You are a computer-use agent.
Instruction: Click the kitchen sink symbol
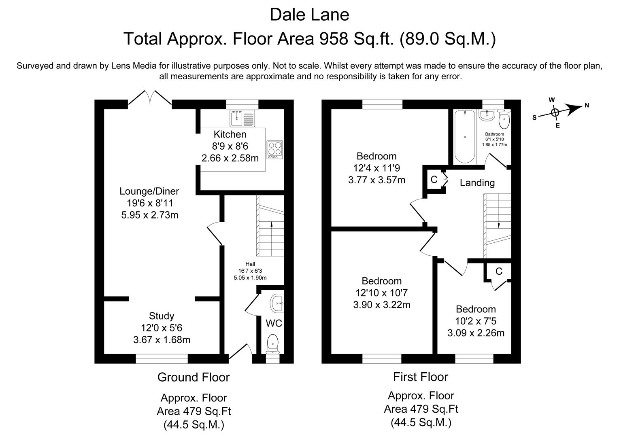[x=242, y=118]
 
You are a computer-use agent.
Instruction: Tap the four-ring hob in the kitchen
[x=275, y=149]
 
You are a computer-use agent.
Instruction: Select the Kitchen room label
[x=230, y=134]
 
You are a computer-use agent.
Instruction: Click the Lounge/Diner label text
[x=149, y=191]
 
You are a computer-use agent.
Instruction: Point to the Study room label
[x=162, y=316]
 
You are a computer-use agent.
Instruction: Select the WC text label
[x=274, y=323]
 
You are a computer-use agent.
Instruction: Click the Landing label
[x=477, y=183]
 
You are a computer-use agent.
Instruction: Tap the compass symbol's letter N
[x=586, y=106]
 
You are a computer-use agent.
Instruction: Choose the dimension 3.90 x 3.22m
[x=381, y=305]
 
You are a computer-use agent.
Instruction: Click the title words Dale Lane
[x=309, y=15]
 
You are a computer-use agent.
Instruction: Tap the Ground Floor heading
[x=194, y=377]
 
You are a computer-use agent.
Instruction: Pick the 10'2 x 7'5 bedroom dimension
[x=476, y=321]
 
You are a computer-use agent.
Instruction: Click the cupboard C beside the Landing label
[x=434, y=179]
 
